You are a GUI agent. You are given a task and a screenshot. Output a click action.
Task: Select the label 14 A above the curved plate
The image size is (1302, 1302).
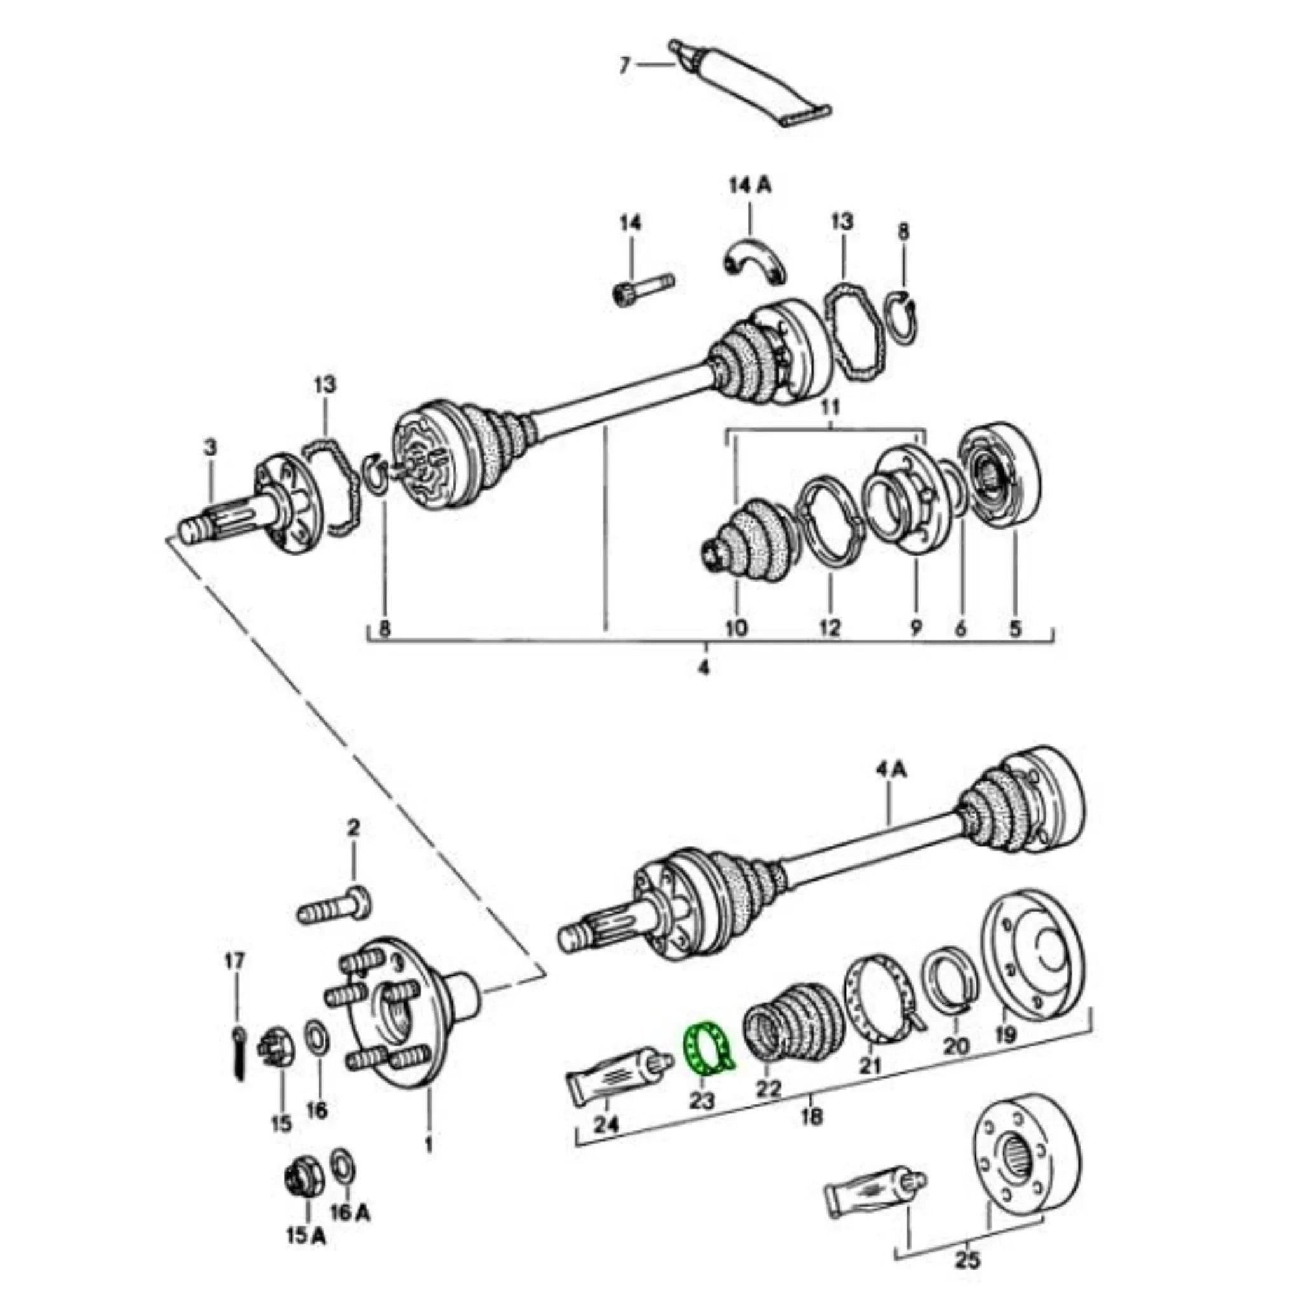pos(750,186)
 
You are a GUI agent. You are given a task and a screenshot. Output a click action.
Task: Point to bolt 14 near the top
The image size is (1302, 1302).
pos(644,293)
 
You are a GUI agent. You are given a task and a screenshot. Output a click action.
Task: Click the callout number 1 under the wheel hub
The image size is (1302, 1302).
pos(428,1143)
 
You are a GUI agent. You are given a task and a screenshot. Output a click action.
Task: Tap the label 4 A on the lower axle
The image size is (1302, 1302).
pos(891,770)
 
